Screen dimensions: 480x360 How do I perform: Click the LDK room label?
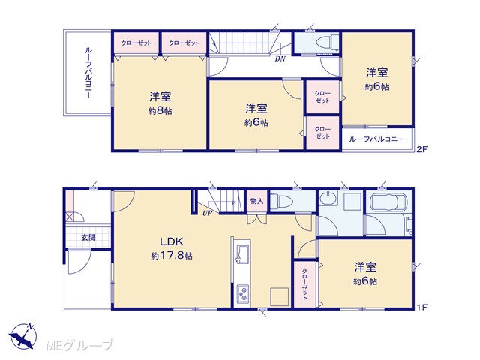[x=172, y=241]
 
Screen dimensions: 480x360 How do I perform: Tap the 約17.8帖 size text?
[x=172, y=255]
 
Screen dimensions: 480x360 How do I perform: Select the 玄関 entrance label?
[x=88, y=237]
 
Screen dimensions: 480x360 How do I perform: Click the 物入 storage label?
[x=256, y=201]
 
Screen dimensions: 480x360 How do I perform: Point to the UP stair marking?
[x=207, y=213]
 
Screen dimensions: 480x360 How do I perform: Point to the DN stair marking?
[x=280, y=58]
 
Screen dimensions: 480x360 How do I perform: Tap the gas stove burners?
[x=243, y=293]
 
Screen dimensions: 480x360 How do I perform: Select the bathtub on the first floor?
[x=388, y=202]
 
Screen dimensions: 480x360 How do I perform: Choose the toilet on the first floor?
[x=282, y=201]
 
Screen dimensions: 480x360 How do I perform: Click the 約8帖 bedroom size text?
[x=160, y=111]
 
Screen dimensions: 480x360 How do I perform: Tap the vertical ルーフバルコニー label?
[x=88, y=73]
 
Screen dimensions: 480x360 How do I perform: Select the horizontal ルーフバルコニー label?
[x=376, y=139]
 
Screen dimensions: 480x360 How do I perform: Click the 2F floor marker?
[x=421, y=149]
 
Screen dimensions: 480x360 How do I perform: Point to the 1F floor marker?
[x=421, y=307]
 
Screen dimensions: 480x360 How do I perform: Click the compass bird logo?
[x=22, y=336]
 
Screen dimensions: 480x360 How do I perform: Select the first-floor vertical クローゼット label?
[x=304, y=284]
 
